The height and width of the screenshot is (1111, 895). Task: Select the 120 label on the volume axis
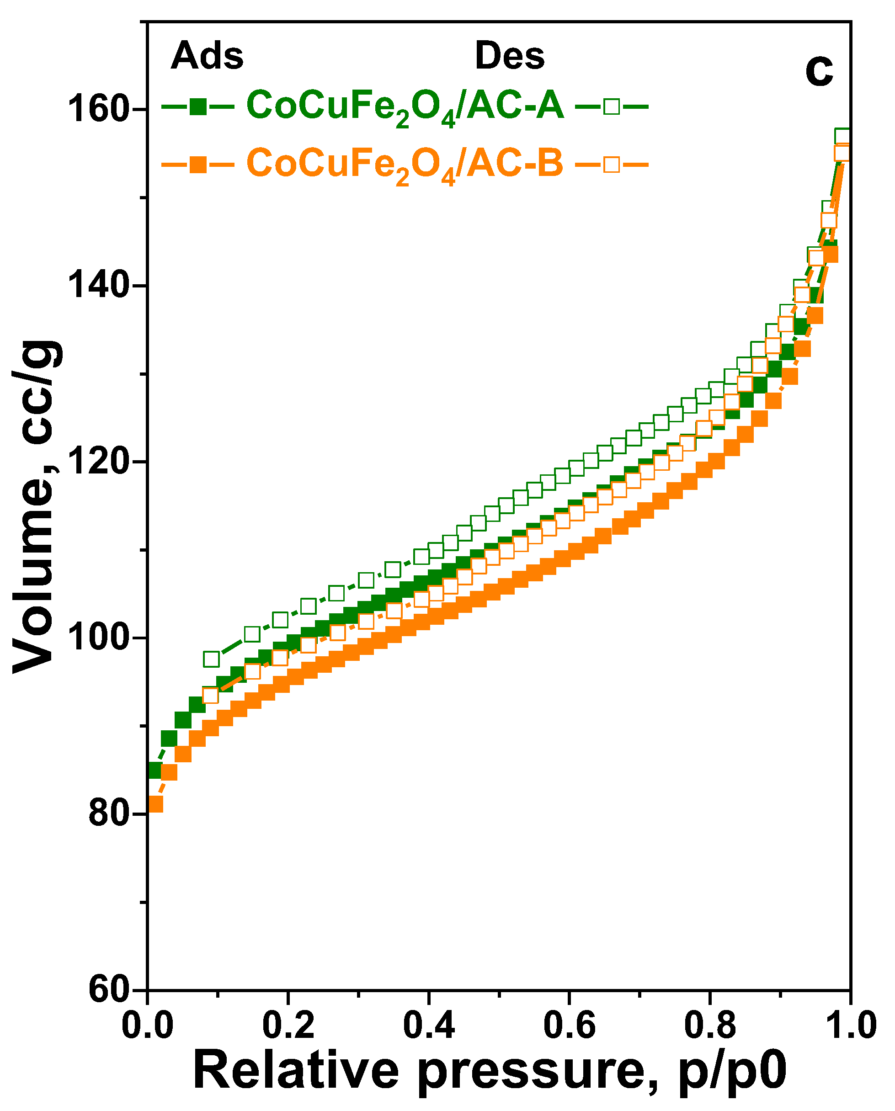click(x=98, y=462)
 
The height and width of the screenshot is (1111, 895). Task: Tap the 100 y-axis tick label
click(x=98, y=638)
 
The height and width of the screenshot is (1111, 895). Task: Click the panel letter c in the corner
click(x=819, y=71)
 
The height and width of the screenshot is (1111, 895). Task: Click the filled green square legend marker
click(x=198, y=107)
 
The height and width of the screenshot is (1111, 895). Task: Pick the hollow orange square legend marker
click(x=612, y=165)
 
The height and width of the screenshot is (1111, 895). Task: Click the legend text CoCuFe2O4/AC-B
click(x=405, y=164)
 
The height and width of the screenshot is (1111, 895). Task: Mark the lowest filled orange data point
click(x=155, y=804)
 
